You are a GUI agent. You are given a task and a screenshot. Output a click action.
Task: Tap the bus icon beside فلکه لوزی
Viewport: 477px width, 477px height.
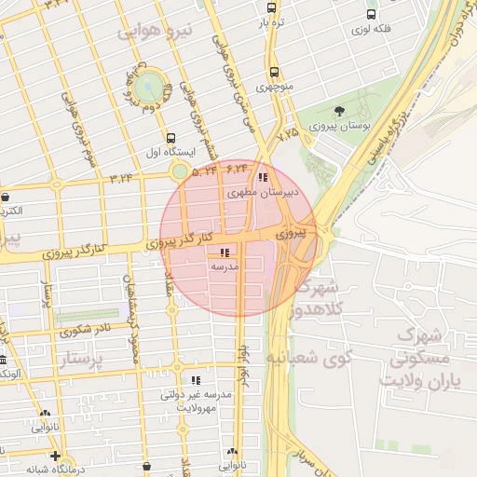tap(372, 15)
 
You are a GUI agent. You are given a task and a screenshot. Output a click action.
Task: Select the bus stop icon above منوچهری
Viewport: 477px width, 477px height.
tap(273, 72)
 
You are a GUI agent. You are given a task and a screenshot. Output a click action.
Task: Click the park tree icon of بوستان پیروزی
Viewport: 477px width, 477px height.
tap(338, 112)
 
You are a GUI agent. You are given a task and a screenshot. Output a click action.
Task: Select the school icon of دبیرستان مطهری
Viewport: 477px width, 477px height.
tap(264, 177)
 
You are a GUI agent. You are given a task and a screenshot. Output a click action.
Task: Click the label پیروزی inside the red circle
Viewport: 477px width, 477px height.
tap(290, 234)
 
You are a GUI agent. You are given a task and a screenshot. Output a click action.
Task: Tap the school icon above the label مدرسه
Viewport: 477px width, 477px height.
tap(224, 252)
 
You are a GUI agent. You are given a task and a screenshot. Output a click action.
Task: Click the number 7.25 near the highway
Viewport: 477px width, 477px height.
tap(289, 134)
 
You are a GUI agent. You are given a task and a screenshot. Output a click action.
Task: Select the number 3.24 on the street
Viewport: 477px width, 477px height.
tap(121, 176)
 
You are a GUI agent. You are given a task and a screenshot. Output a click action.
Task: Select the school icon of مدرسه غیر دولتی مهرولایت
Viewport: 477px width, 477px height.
tap(196, 380)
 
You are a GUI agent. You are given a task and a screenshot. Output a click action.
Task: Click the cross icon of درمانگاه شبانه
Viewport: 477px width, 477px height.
tap(56, 457)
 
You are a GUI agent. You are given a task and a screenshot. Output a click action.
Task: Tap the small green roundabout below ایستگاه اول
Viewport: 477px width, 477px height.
tap(180, 170)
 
